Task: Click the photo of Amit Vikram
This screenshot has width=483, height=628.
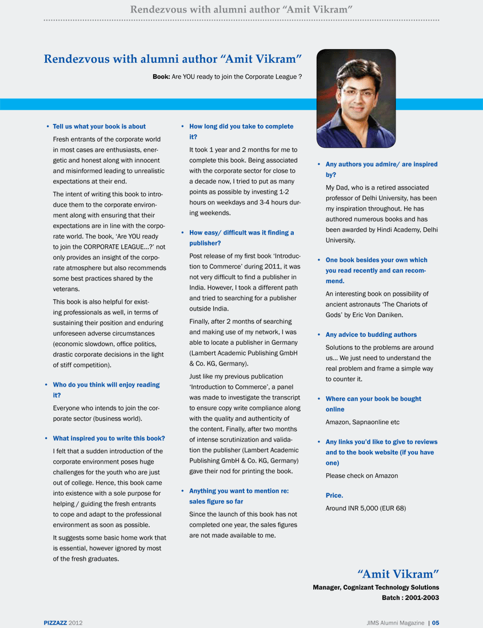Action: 356,98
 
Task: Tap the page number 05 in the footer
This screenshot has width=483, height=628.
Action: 436,622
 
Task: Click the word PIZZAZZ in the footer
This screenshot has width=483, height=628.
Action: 55,622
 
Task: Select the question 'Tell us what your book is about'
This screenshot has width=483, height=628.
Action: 99,127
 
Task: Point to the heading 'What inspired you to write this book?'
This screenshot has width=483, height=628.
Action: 109,438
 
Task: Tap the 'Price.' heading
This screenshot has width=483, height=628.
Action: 334,496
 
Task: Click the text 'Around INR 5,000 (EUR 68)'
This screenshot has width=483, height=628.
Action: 366,508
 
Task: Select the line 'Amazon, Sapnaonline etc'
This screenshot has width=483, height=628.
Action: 362,422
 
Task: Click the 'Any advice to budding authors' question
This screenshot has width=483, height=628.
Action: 371,335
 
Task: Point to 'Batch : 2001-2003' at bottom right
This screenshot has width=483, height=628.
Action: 410,598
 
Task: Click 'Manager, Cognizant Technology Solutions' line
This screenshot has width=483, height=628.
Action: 376,587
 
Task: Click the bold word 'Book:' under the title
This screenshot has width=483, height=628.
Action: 161,77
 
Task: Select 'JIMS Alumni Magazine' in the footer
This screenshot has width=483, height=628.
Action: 396,622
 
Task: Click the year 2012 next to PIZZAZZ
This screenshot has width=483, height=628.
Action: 75,622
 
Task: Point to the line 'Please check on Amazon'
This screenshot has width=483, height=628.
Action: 362,476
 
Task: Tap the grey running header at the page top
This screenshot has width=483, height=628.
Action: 241,9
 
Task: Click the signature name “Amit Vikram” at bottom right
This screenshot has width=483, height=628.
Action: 398,573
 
